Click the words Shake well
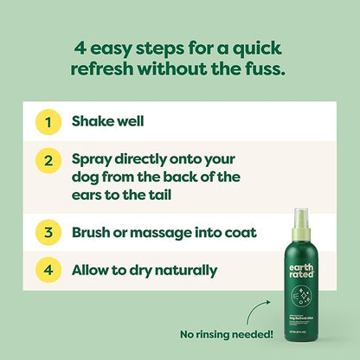107,122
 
